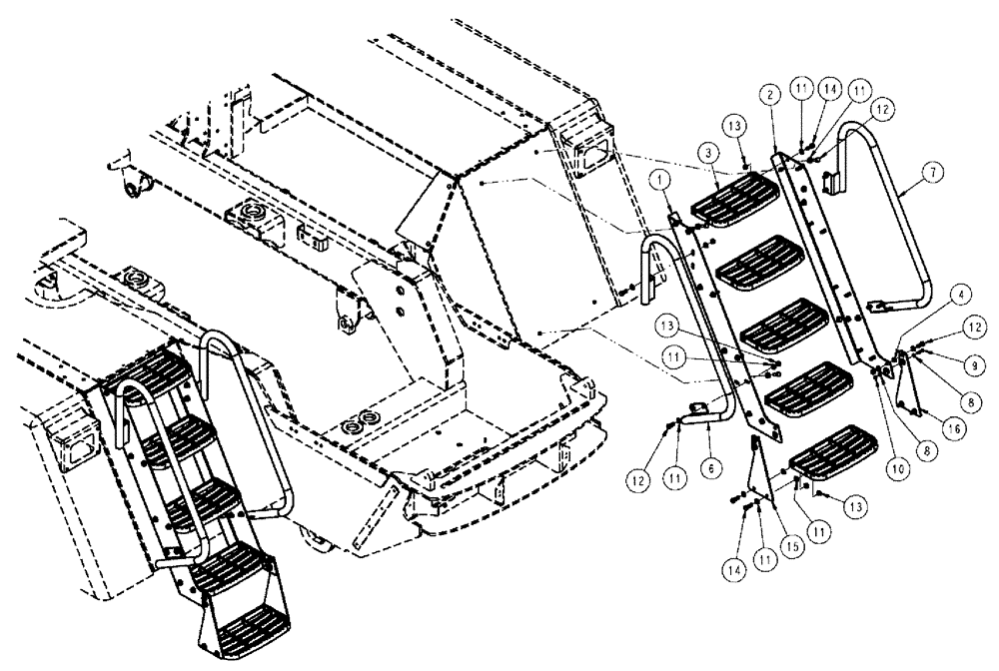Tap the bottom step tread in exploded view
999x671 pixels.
click(x=832, y=451)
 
